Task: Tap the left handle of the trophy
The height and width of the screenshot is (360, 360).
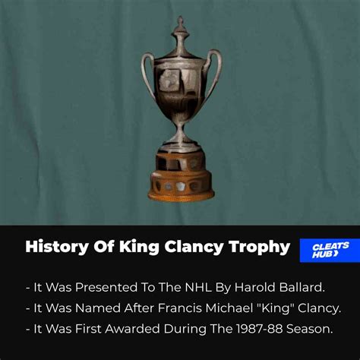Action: point(147,74)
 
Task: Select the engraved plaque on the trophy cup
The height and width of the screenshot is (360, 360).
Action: point(170,80)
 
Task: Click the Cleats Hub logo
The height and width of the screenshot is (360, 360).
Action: point(330,251)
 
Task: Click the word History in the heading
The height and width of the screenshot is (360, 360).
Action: point(57,247)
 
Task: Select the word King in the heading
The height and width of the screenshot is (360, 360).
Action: point(139,248)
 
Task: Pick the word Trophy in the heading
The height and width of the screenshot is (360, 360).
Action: point(260,248)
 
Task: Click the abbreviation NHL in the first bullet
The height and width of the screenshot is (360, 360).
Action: point(198,287)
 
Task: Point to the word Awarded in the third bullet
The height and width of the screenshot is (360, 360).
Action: point(132,329)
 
